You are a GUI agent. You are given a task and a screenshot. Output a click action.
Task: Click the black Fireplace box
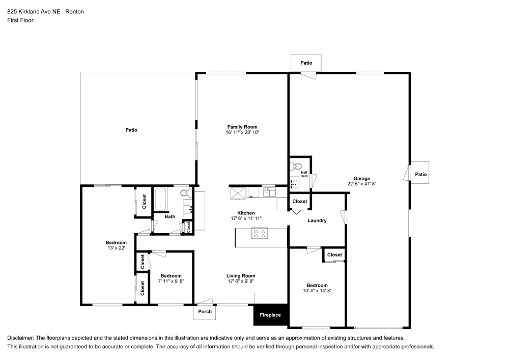pyautogui.click(x=271, y=315)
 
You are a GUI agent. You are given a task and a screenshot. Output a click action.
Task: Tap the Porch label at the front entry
pyautogui.click(x=205, y=312)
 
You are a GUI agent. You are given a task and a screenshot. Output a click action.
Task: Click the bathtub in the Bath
pyautogui.click(x=161, y=199)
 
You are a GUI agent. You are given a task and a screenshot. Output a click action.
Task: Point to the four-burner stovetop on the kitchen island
pyautogui.click(x=260, y=234)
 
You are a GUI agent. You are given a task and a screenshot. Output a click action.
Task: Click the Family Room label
pyautogui.click(x=242, y=127)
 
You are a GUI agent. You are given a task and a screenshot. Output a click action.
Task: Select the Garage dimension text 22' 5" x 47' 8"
pyautogui.click(x=361, y=184)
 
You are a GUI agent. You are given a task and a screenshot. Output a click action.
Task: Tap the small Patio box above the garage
pyautogui.click(x=306, y=63)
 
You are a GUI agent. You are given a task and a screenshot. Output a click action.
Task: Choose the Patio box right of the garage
pyautogui.click(x=420, y=174)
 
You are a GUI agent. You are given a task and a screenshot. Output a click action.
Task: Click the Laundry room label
pyautogui.click(x=317, y=220)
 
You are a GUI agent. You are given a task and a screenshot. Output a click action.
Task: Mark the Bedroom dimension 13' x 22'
pyautogui.click(x=116, y=248)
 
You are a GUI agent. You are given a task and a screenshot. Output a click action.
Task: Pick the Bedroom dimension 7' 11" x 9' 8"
pyautogui.click(x=171, y=281)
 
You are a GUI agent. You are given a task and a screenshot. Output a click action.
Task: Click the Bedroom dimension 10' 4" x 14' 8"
pyautogui.click(x=317, y=291)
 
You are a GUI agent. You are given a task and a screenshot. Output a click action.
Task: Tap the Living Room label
pyautogui.click(x=241, y=276)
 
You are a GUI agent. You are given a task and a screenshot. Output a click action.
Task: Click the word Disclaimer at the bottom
pyautogui.click(x=21, y=338)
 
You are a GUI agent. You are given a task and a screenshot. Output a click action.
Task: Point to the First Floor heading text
pyautogui.click(x=20, y=20)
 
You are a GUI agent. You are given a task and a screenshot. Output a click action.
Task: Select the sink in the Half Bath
pyautogui.click(x=295, y=183)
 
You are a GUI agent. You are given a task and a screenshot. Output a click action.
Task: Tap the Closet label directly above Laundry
pyautogui.click(x=300, y=201)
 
